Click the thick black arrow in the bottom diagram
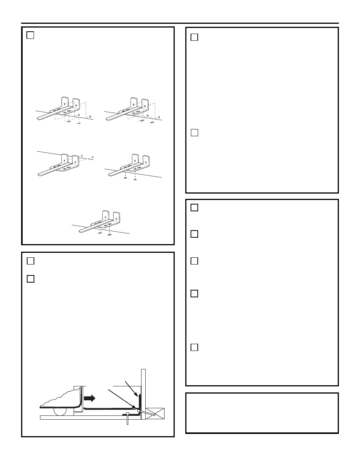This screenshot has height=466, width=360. tap(90, 398)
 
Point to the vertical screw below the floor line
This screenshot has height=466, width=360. tap(128, 419)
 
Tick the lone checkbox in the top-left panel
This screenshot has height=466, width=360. tap(31, 35)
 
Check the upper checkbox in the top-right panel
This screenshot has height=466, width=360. tap(194, 37)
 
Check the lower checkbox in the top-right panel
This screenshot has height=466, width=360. tap(194, 132)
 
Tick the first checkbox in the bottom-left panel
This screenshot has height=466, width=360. tap(31, 261)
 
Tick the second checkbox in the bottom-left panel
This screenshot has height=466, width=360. tap(31, 279)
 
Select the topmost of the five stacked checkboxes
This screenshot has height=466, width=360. tap(194, 208)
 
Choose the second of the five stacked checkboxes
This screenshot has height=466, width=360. tap(194, 234)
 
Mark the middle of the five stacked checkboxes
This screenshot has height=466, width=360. tap(194, 261)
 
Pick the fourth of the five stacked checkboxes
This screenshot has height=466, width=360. tap(194, 293)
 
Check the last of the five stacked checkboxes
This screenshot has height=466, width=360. tap(194, 347)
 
